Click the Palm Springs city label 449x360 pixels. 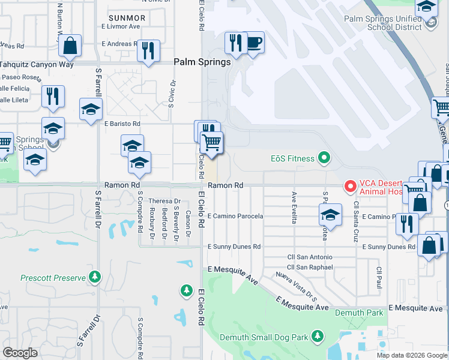tap(202, 62)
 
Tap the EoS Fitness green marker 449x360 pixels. tap(324, 158)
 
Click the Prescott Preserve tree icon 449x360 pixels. tap(95, 277)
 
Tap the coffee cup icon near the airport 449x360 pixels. tap(254, 43)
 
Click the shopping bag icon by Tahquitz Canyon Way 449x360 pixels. tap(70, 46)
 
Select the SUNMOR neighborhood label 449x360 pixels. tap(127, 18)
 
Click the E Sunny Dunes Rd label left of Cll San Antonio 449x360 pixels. tap(234, 247)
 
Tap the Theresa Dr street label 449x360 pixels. tap(165, 201)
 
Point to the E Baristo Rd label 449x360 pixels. tap(122, 124)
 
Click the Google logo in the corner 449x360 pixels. tap(20, 352)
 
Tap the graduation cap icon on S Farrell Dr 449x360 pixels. tap(91, 110)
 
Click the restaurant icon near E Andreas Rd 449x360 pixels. tap(147, 50)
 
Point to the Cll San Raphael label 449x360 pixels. tap(309, 267)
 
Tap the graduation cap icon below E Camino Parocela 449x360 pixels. tap(330, 215)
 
